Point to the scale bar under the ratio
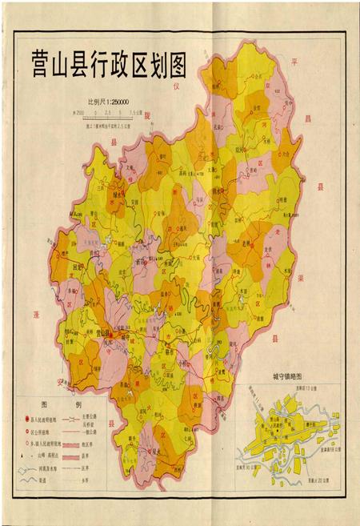tap(108, 114)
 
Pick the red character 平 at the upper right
tap(294, 60)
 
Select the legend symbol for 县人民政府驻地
tap(26, 418)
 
